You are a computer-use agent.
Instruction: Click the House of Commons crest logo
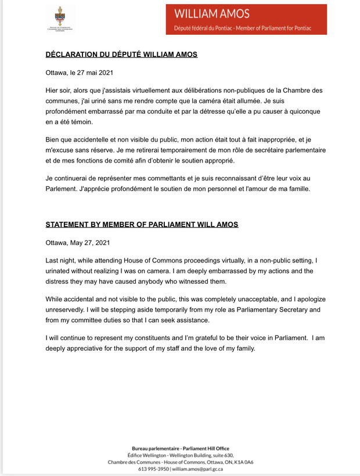point(60,19)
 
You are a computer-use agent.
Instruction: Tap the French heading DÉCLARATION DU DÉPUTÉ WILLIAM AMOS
point(121,55)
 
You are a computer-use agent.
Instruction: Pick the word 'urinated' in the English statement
point(62,271)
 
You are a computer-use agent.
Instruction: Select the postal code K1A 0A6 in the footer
point(243,461)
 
